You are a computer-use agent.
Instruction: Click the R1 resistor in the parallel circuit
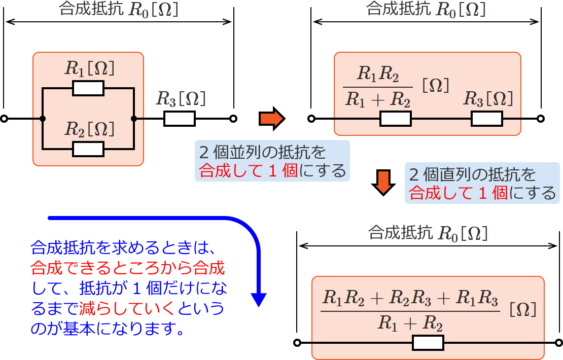tap(88, 88)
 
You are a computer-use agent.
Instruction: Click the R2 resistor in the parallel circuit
tap(88, 149)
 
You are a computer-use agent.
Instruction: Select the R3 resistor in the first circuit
tap(179, 119)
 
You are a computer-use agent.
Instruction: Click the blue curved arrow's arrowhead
tap(259, 299)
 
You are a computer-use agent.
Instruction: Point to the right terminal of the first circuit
tap(233, 119)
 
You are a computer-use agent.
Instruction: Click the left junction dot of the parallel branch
tap(43, 119)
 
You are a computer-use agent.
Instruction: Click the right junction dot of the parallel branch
tap(133, 119)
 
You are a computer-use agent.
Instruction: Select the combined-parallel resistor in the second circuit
tap(395, 119)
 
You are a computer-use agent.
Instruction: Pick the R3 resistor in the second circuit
tap(487, 119)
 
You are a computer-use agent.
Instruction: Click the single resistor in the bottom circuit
tap(428, 343)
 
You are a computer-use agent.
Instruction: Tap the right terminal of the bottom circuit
tap(559, 343)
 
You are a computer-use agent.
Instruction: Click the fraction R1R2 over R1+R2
tap(378, 87)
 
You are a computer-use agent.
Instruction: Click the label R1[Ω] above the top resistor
tap(89, 68)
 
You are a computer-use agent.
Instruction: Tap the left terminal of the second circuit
tap(312, 119)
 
